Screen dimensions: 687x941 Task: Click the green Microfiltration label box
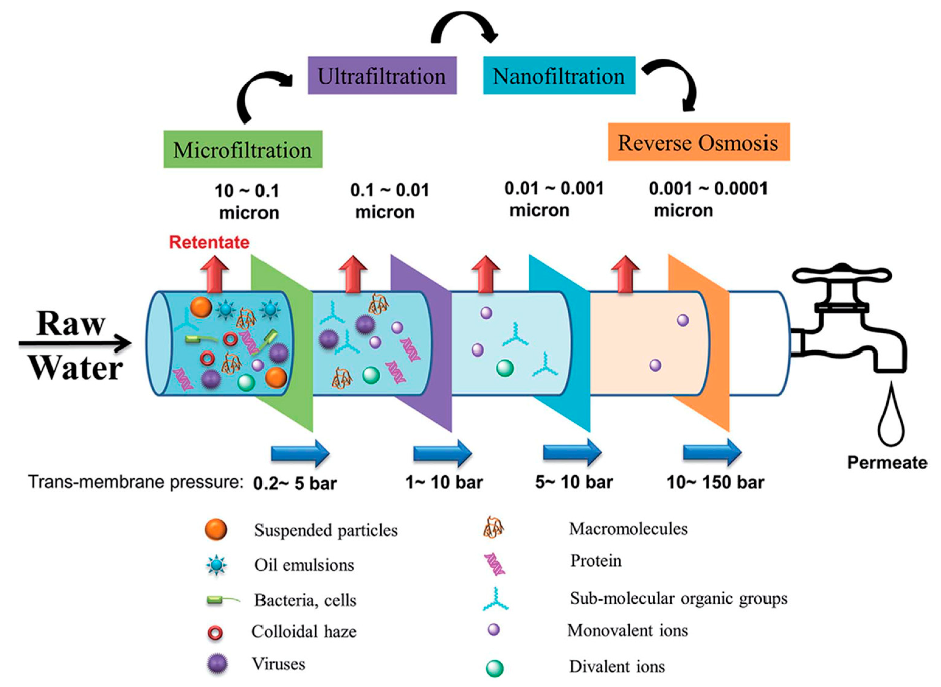click(243, 150)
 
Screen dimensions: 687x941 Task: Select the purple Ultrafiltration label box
click(382, 76)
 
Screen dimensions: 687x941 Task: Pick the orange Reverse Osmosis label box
click(698, 142)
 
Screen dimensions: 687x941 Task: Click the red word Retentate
click(209, 242)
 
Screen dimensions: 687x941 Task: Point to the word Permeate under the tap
click(887, 463)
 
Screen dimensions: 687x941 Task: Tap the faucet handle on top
click(841, 275)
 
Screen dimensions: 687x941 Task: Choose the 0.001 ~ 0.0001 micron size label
click(708, 200)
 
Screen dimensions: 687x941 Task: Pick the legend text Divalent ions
click(617, 667)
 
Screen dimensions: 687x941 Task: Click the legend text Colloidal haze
click(304, 632)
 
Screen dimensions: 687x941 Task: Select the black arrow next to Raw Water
click(75, 344)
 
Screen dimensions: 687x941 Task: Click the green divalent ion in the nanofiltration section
click(505, 368)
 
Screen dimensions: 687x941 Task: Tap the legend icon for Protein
click(494, 564)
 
